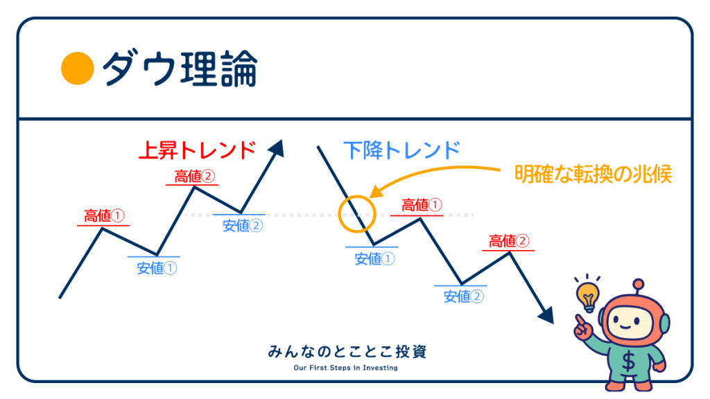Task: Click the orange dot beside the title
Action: (78, 69)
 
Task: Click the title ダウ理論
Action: (180, 69)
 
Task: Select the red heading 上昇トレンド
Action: (198, 150)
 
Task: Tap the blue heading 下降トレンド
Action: (401, 150)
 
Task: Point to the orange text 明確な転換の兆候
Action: (594, 174)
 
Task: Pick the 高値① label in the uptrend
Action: (104, 216)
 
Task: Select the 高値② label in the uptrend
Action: (195, 177)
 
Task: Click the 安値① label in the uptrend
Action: (157, 268)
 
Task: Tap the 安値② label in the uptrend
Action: (243, 225)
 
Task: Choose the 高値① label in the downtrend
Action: (422, 205)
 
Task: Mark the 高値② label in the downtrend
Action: (509, 241)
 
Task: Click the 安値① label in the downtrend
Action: (374, 259)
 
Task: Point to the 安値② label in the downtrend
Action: (464, 296)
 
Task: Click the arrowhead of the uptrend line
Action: (277, 148)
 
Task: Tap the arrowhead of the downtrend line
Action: (546, 315)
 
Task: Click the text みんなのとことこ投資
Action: (347, 351)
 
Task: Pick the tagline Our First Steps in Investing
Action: (345, 368)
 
